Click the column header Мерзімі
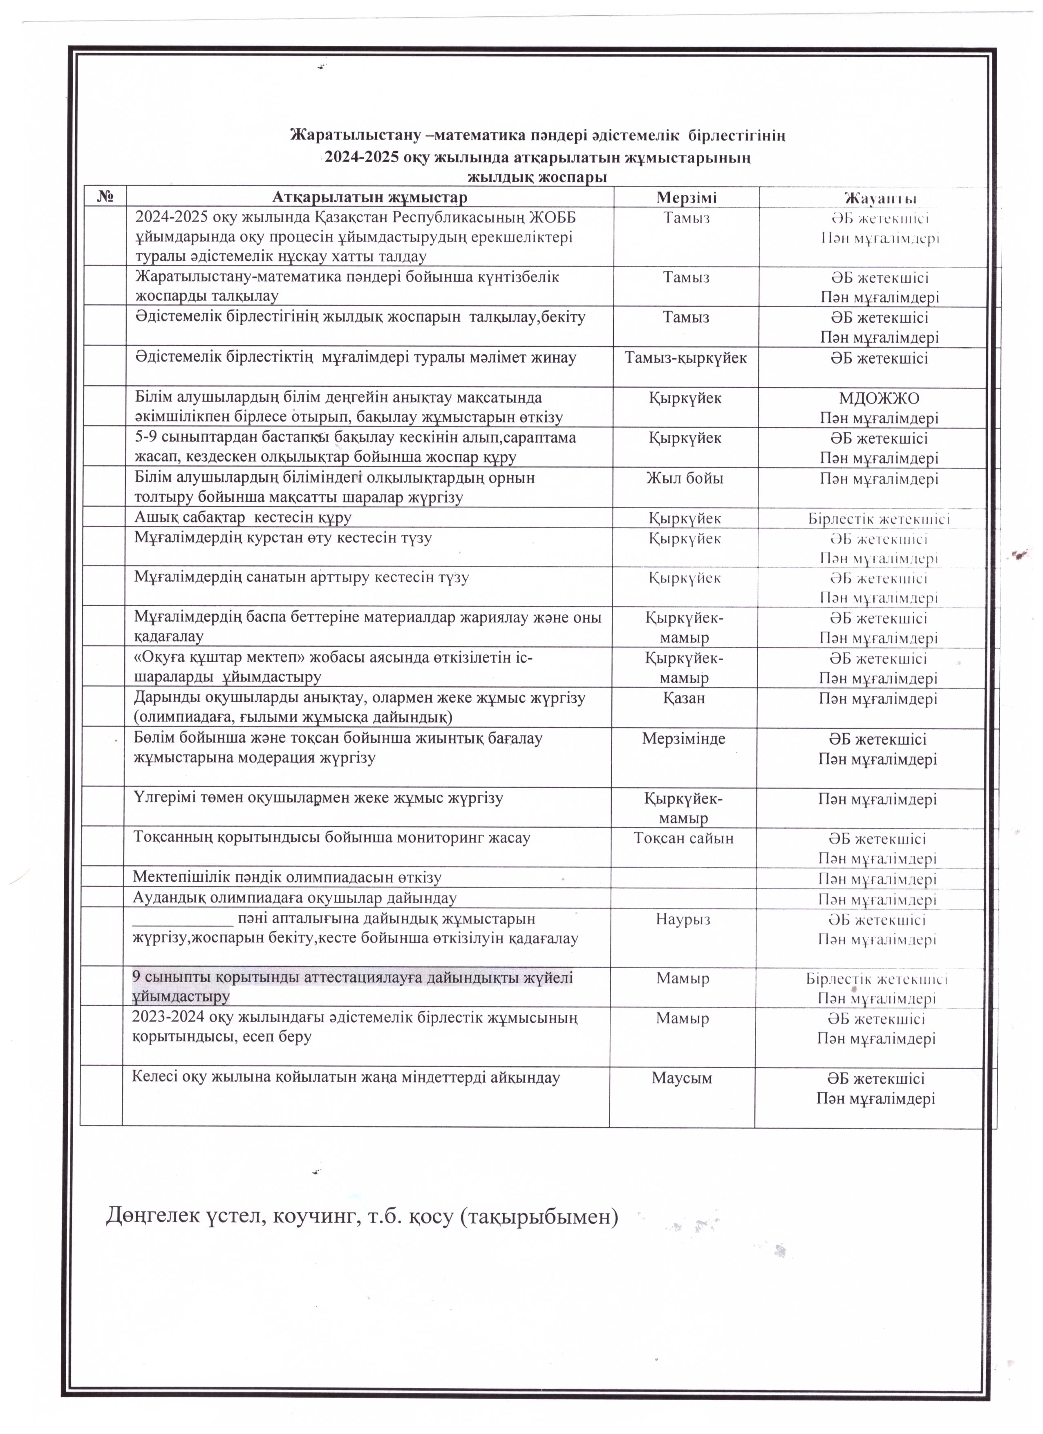point(686,197)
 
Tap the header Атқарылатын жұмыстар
point(369,197)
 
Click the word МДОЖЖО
point(879,398)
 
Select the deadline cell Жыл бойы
point(685,479)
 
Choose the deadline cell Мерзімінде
point(684,739)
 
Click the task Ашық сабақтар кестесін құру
point(242,518)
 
